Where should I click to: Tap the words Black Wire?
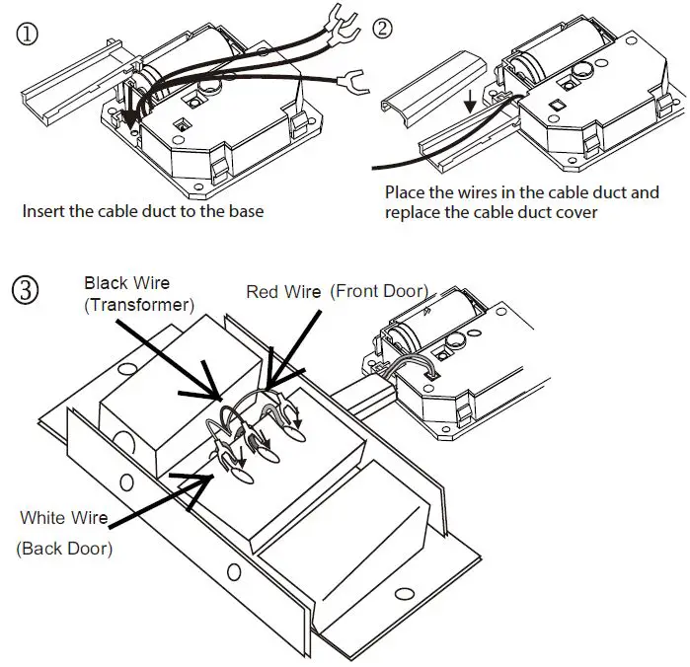point(125,283)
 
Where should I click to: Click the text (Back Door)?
point(64,548)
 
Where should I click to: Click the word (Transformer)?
point(137,305)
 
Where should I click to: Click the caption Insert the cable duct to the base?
point(143,211)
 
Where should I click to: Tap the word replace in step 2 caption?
point(413,212)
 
